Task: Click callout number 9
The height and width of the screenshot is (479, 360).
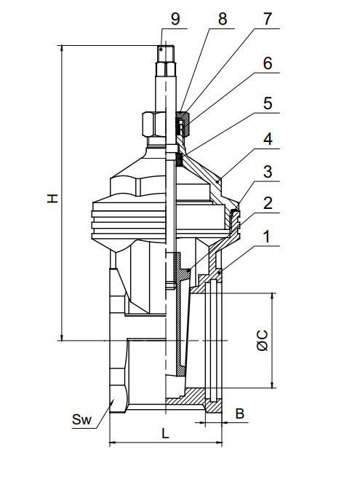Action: tap(175, 19)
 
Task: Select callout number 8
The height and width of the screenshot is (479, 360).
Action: tap(223, 19)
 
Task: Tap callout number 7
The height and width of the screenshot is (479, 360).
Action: tap(267, 19)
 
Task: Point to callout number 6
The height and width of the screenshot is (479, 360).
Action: tap(267, 63)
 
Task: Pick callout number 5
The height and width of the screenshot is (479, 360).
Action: tap(267, 103)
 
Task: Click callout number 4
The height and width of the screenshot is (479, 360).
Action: tap(267, 139)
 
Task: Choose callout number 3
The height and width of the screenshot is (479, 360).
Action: tap(267, 172)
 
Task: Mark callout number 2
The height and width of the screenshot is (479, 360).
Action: tap(267, 203)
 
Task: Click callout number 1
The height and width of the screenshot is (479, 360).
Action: tap(267, 237)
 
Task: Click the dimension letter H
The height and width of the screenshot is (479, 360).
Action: tap(52, 198)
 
